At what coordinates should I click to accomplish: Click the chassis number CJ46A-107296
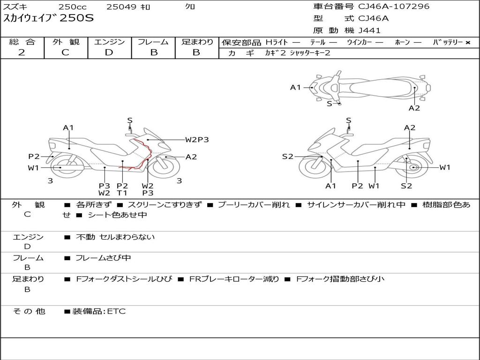[x=393, y=7]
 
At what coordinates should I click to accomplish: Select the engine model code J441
[x=369, y=30]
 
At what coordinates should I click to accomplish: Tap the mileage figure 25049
[x=121, y=7]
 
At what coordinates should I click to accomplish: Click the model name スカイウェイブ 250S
[x=49, y=18]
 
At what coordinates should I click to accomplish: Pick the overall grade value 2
[x=22, y=52]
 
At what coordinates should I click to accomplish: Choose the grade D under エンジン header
[x=109, y=52]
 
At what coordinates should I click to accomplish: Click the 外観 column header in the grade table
[x=66, y=42]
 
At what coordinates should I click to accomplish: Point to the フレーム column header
[x=153, y=42]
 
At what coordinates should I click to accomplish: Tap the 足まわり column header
[x=197, y=42]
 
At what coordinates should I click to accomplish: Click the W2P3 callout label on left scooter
[x=197, y=139]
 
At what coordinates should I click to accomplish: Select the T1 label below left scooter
[x=122, y=193]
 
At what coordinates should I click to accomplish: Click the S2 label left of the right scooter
[x=287, y=157]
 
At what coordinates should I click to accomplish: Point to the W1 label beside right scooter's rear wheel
[x=444, y=167]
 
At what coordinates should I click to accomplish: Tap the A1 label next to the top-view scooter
[x=295, y=87]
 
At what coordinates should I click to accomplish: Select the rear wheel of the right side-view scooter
[x=413, y=168]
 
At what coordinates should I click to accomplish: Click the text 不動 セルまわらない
[x=115, y=237]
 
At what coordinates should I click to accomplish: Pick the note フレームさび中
[x=103, y=258]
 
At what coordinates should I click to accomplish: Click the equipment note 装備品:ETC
[x=99, y=311]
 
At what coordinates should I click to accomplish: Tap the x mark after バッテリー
[x=467, y=43]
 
